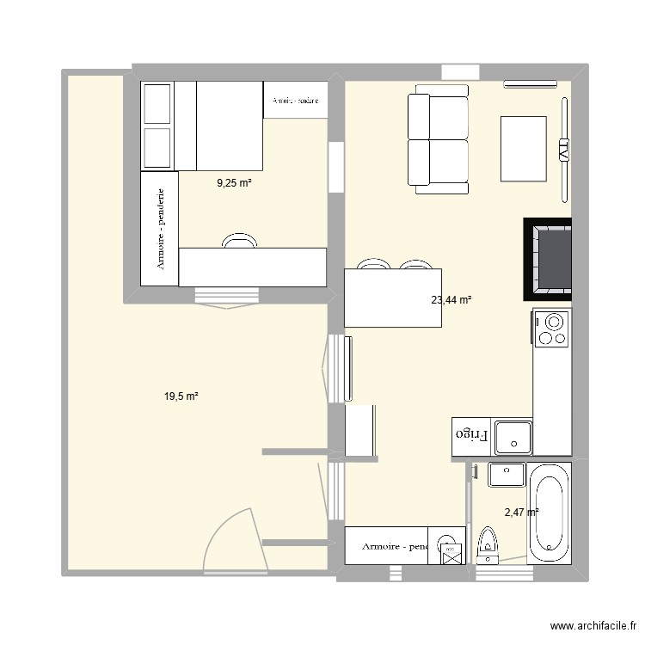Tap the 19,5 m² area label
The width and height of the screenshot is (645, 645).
click(181, 396)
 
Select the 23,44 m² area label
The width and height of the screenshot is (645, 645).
click(451, 300)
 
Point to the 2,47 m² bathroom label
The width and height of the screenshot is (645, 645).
click(521, 512)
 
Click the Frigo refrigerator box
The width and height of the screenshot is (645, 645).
click(471, 436)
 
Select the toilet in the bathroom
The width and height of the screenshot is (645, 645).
click(488, 546)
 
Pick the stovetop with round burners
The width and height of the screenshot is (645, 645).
click(551, 329)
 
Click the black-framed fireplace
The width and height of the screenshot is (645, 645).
click(548, 258)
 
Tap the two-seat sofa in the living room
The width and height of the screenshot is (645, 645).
click(438, 140)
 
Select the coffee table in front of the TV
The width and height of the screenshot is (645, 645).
click(523, 149)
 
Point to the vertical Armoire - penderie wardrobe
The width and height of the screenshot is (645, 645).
click(159, 228)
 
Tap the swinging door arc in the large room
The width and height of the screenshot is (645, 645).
click(230, 537)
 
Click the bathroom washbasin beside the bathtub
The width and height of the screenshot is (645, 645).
click(507, 474)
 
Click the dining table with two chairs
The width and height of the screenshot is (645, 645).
click(393, 297)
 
